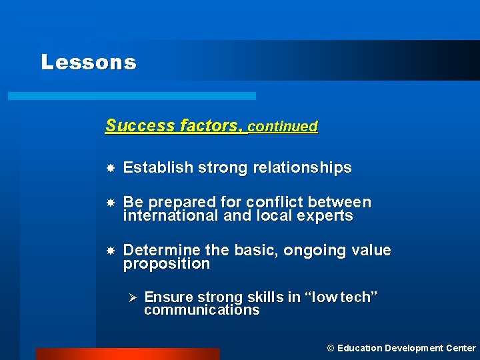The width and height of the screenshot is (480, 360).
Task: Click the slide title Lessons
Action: [88, 62]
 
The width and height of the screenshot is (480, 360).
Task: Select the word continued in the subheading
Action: [283, 126]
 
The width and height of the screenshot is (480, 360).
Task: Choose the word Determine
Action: [161, 251]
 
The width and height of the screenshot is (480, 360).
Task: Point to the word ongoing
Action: [312, 251]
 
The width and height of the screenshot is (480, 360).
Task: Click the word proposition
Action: [167, 264]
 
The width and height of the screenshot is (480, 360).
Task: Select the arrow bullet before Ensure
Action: [131, 297]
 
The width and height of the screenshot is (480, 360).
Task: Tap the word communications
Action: [201, 310]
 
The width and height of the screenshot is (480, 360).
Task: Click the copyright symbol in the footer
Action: [331, 348]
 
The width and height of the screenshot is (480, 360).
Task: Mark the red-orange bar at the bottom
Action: [127, 353]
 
